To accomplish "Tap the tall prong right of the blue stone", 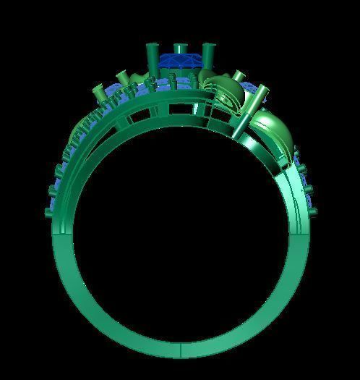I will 208,58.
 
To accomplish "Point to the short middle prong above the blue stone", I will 180,49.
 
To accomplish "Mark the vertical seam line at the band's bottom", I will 180,352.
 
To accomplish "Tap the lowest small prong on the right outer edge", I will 313,212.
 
